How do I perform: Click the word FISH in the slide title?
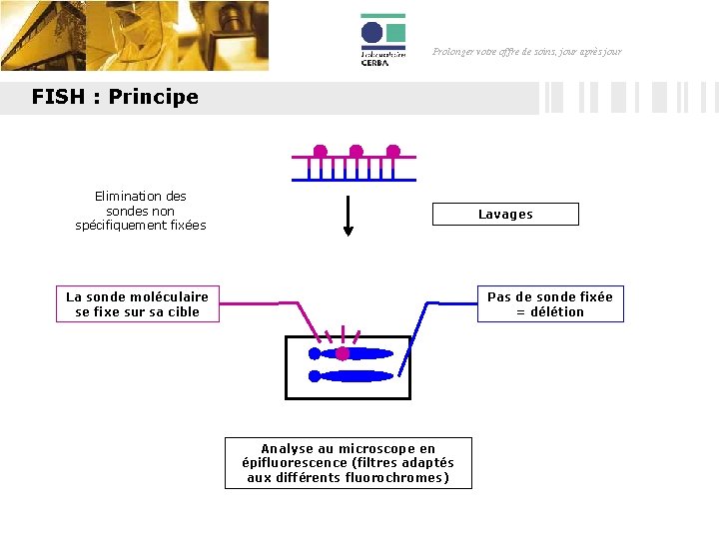[x=55, y=97]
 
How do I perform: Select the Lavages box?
[x=505, y=214]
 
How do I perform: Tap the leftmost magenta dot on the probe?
[x=320, y=152]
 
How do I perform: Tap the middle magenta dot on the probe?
[x=356, y=152]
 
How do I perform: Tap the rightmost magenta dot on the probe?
[x=392, y=152]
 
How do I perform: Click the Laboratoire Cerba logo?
[x=382, y=40]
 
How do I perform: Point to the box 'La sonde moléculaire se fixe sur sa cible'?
[x=138, y=303]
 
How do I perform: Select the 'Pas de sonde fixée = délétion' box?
[x=549, y=303]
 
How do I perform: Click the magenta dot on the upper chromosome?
[x=343, y=353]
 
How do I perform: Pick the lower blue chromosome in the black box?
[x=353, y=376]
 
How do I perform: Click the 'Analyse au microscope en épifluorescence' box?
[x=348, y=463]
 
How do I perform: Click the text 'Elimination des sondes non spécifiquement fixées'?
[x=141, y=211]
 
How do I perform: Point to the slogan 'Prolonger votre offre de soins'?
[x=526, y=51]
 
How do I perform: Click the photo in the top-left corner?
[x=134, y=36]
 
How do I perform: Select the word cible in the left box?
[x=183, y=311]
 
